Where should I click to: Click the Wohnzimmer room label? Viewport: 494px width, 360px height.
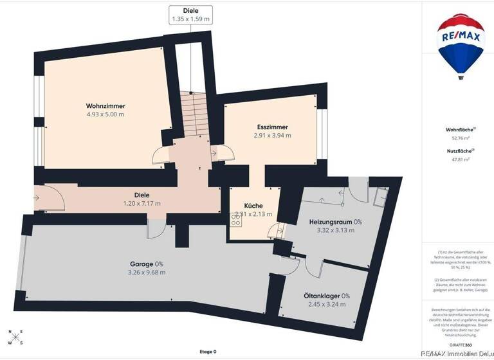pyautogui.click(x=105, y=106)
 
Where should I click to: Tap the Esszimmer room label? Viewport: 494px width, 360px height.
pyautogui.click(x=272, y=127)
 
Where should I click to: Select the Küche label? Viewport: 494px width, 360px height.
pyautogui.click(x=253, y=206)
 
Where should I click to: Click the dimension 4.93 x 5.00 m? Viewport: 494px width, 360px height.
pyautogui.click(x=105, y=114)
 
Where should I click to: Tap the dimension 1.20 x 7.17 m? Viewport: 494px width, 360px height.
pyautogui.click(x=142, y=203)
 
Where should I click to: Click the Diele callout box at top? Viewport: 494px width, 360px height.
pyautogui.click(x=190, y=15)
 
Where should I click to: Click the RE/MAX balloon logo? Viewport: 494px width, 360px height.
pyautogui.click(x=461, y=45)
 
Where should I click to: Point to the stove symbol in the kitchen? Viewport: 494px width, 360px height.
pyautogui.click(x=235, y=219)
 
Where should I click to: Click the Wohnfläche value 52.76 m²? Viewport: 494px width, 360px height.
pyautogui.click(x=461, y=138)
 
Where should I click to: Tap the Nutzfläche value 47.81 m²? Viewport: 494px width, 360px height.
pyautogui.click(x=461, y=159)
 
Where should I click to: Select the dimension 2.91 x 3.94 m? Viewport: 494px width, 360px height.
pyautogui.click(x=273, y=136)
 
